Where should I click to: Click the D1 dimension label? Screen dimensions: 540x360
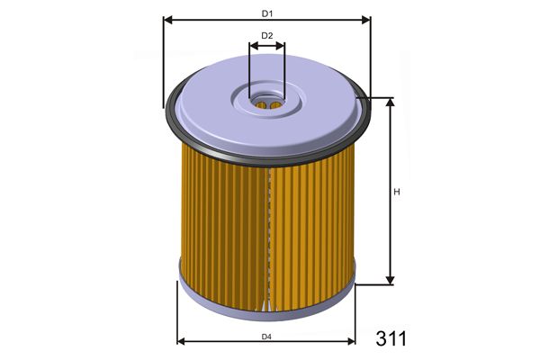267,13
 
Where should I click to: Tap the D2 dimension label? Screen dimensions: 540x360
267,35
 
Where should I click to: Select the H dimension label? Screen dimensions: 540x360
397,192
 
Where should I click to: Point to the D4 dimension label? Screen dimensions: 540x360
266,337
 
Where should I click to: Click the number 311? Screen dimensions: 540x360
391,338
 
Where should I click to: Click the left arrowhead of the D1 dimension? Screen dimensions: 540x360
167,20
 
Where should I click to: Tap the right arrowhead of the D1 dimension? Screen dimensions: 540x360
366,20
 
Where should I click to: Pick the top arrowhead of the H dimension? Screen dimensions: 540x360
390,102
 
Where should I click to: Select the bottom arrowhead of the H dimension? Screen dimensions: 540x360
390,281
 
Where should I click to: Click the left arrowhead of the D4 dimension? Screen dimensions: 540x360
181,341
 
